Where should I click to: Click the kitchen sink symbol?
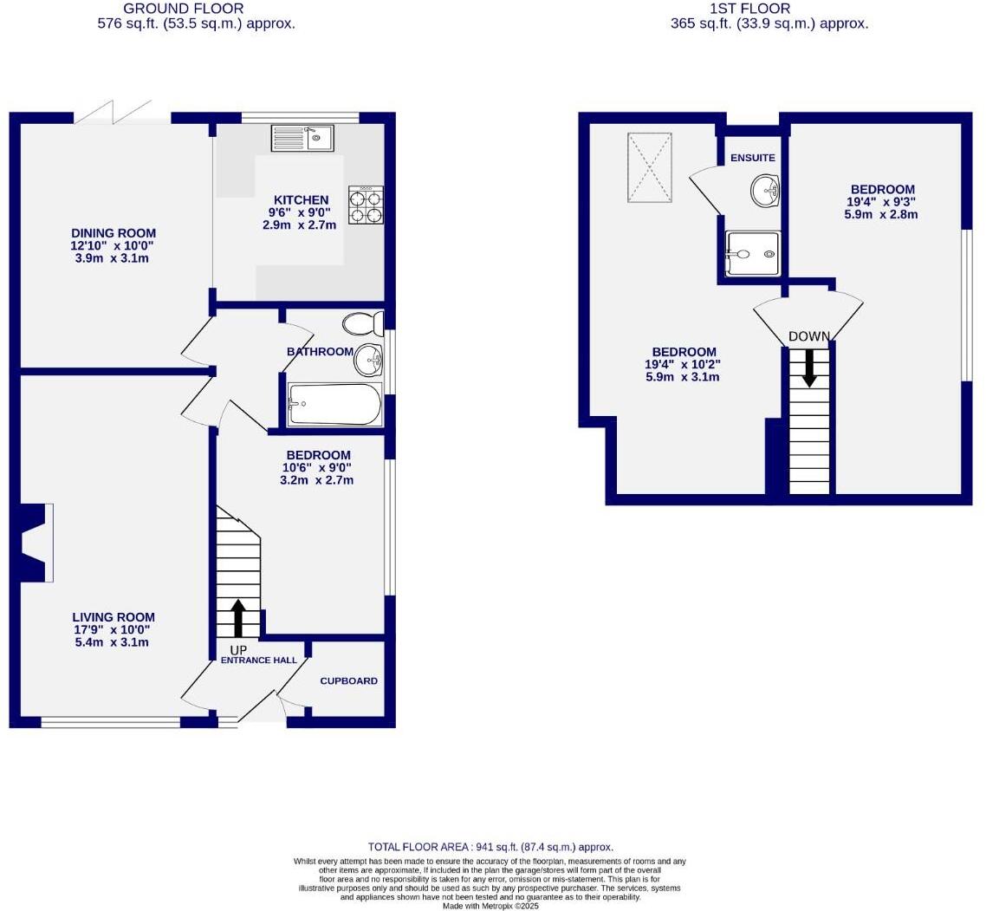(x=302, y=138)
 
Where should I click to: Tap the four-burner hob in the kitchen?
(x=367, y=205)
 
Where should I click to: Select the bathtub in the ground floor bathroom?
(x=334, y=405)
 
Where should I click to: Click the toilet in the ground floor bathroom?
(x=364, y=324)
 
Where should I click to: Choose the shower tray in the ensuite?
(x=752, y=254)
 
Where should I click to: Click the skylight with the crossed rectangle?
(x=649, y=167)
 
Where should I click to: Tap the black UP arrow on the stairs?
(x=237, y=618)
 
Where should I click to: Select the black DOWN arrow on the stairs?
(x=809, y=368)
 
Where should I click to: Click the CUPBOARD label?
(x=348, y=681)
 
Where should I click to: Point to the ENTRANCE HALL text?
(x=259, y=660)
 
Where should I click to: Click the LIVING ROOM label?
(x=114, y=617)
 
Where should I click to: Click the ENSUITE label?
(x=752, y=158)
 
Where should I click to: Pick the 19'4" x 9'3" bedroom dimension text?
(x=881, y=202)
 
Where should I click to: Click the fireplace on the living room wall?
(x=36, y=543)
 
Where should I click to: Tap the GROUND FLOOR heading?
(x=184, y=9)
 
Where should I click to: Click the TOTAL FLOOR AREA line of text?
(x=490, y=847)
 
